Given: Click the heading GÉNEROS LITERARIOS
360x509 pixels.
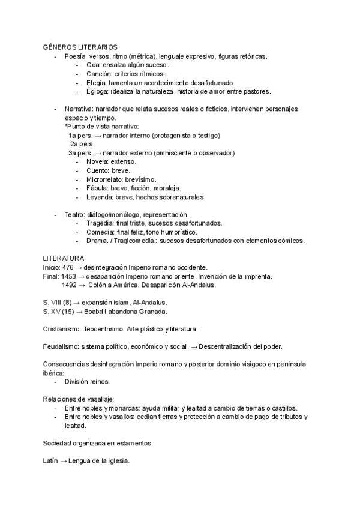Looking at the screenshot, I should pos(80,47).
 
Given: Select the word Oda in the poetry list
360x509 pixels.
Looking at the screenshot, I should pos(94,65).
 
